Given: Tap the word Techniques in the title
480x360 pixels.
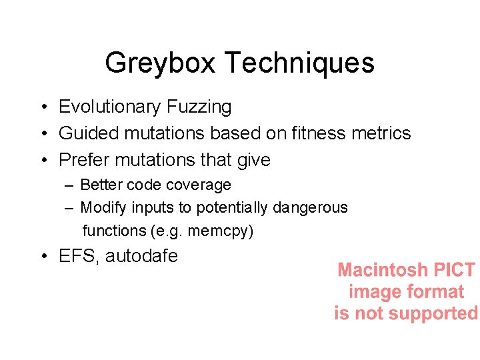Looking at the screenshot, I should tap(299, 63).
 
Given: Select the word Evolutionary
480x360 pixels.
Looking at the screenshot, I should tap(110, 107).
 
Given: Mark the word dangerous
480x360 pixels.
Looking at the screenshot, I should tap(310, 207).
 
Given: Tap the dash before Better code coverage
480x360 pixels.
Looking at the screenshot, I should tap(69, 185).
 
